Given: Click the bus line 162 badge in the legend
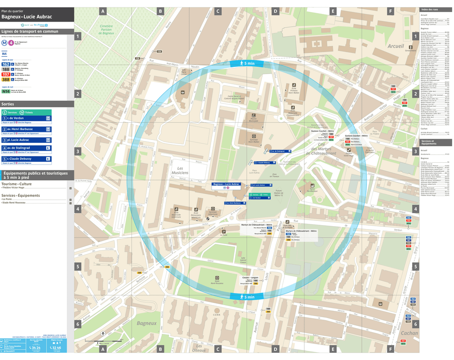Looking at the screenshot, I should [x=6, y=64].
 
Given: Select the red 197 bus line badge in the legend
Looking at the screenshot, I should [x=6, y=75].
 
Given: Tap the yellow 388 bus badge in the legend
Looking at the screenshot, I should [x=6, y=80].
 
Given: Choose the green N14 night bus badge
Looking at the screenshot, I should [x=6, y=90].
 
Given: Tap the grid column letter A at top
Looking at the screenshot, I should [x=102, y=11].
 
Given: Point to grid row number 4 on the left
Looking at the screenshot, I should [x=78, y=209].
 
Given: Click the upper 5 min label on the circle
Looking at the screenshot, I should [x=246, y=64].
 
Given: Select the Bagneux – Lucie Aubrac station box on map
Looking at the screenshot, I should [x=226, y=184].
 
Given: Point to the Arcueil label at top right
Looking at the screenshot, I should [x=396, y=46].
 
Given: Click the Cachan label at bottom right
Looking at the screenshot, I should [x=409, y=333].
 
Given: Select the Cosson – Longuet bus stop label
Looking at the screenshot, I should [x=250, y=278].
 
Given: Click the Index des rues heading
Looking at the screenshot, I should [x=429, y=10].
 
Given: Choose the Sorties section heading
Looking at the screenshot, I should [x=8, y=104].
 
